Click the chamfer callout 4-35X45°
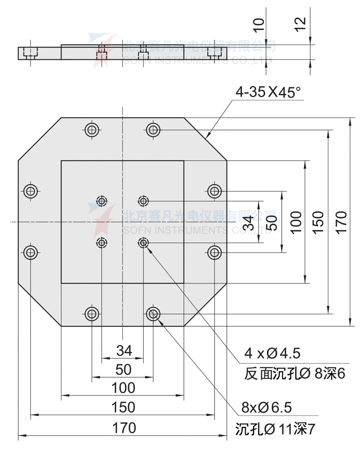pos(268,92)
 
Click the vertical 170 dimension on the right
pos(341,222)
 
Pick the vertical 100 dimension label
pos(296,222)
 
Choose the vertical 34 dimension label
pos(248,222)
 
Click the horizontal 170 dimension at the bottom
pos(124,427)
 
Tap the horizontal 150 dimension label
pos(123,407)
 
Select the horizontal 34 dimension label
pos(124,351)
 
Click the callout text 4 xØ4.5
pos(272,354)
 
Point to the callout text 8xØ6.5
pos(266,408)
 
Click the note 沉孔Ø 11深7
pos(276,428)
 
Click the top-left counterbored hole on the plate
pos(92,129)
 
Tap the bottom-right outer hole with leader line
pos(153,314)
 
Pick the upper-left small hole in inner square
pos(101,201)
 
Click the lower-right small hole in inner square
pos(143,243)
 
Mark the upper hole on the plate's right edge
pos(215,191)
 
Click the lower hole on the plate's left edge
pos(31,252)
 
